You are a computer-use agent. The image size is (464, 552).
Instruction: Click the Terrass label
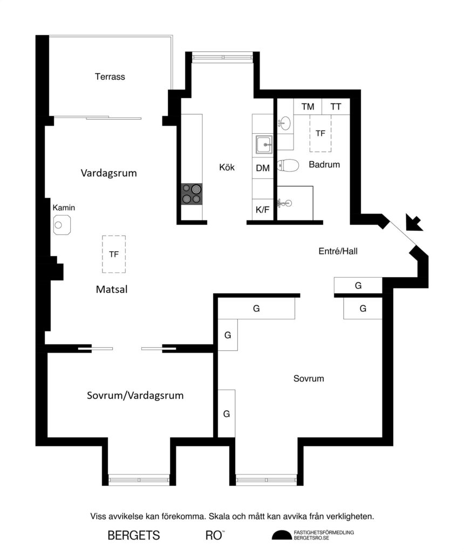tap(110, 77)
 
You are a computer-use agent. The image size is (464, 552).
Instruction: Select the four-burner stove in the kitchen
tap(192, 194)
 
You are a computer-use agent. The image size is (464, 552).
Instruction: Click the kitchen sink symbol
tap(264, 144)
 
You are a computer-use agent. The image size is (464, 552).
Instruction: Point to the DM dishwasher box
tap(263, 168)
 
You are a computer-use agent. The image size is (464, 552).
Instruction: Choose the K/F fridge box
tap(263, 210)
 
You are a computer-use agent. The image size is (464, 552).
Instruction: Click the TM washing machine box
tap(308, 107)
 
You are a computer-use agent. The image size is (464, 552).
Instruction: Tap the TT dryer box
tap(336, 107)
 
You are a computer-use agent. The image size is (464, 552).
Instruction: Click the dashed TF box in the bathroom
tap(320, 133)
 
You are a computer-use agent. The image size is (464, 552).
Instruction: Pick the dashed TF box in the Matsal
tap(114, 253)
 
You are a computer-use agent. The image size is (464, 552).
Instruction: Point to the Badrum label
tap(324, 164)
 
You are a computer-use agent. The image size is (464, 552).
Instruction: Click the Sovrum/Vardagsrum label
tap(135, 395)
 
